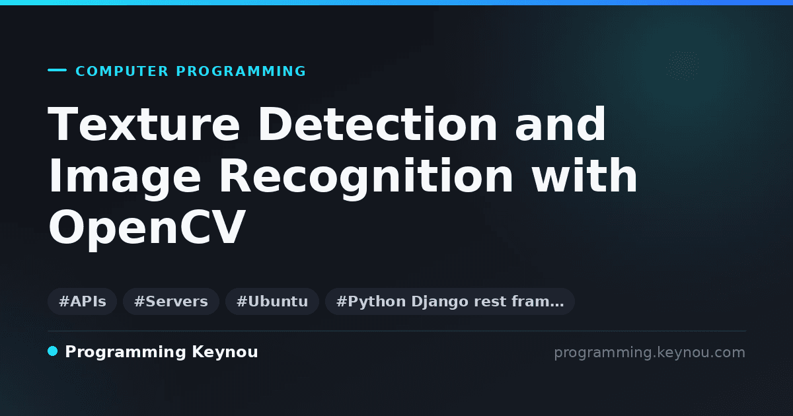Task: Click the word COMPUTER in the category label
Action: coord(122,71)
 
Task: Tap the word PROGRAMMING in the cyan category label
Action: coord(241,71)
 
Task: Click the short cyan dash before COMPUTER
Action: coord(57,70)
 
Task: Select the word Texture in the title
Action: coord(144,124)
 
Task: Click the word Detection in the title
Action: coord(378,124)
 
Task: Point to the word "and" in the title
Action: coord(560,124)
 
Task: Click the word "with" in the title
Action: coord(584,176)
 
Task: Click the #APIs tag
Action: coord(82,301)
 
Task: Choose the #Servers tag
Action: coord(171,301)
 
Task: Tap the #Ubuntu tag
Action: coord(272,301)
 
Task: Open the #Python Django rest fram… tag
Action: coord(450,301)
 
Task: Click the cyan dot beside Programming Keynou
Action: coord(52,351)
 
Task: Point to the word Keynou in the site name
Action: coord(225,353)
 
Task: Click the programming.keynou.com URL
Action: coord(650,353)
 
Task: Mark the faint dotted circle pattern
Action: coord(683,66)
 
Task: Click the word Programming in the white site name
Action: coord(126,353)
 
